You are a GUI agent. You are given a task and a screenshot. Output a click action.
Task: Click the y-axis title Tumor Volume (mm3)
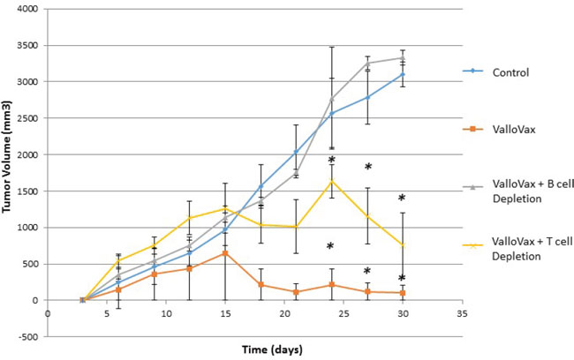(x=7, y=157)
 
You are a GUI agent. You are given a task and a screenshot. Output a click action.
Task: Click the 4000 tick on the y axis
(x=31, y=9)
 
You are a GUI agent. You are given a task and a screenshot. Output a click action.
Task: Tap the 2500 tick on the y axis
(x=31, y=118)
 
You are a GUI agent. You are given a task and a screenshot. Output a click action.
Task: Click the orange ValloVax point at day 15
(x=225, y=252)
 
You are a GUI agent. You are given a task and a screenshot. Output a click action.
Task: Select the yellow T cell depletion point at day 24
(x=331, y=180)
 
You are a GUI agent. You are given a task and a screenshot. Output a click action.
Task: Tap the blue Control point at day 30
(x=403, y=74)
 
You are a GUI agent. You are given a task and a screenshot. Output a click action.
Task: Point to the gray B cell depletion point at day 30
(x=403, y=58)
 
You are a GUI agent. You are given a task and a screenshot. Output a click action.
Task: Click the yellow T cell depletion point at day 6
(x=118, y=260)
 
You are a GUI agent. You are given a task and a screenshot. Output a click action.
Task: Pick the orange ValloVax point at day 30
(x=403, y=293)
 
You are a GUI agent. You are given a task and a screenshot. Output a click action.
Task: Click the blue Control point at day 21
(x=296, y=152)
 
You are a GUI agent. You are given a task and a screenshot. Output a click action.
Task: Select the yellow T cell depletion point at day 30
(x=403, y=244)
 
